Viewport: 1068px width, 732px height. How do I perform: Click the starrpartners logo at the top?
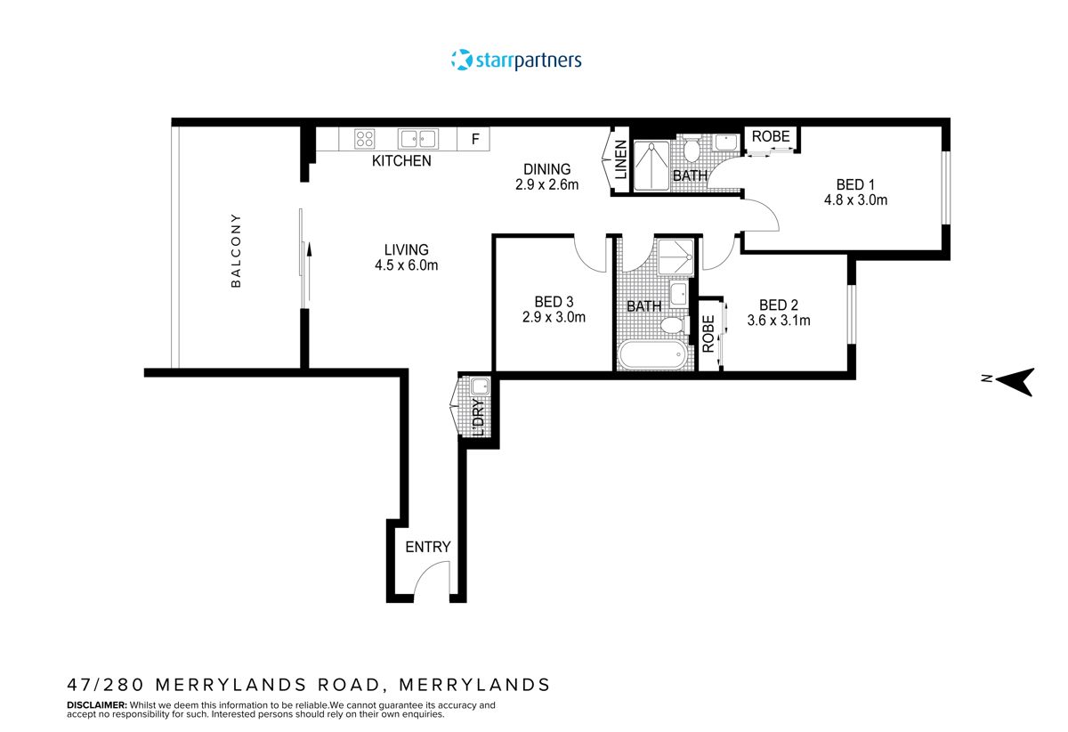click(x=516, y=61)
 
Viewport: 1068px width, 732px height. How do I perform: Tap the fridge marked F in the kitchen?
click(x=475, y=139)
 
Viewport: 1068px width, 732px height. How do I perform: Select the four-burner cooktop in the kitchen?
click(x=364, y=138)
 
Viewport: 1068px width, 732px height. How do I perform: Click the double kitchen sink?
click(x=417, y=138)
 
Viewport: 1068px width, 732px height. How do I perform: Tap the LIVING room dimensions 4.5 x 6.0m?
click(x=407, y=265)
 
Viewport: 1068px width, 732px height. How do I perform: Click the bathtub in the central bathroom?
click(x=652, y=356)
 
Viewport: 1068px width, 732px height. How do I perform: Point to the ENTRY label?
click(x=428, y=547)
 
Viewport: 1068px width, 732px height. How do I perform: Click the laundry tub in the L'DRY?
click(x=480, y=386)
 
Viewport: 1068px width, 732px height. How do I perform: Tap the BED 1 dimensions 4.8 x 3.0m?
click(x=856, y=200)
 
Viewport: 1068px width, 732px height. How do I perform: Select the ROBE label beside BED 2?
click(x=708, y=334)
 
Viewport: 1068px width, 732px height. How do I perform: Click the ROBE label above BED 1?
click(x=771, y=136)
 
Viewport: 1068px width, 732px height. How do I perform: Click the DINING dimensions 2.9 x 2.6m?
click(x=547, y=185)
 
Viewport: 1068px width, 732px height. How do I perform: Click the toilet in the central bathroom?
click(x=674, y=326)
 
